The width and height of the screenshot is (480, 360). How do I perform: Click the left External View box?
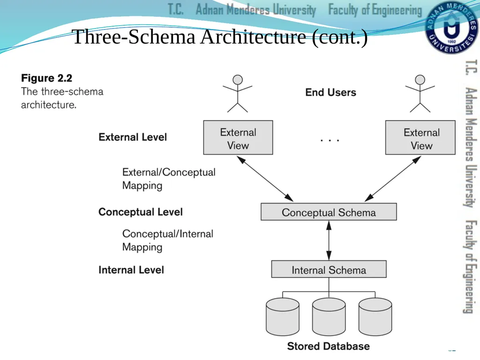[x=238, y=137]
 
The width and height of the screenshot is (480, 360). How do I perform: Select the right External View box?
[x=420, y=137]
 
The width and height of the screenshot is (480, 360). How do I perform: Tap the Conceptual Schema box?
[x=329, y=212]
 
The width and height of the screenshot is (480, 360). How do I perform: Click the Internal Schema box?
[x=329, y=270]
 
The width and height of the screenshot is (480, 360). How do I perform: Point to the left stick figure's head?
[x=238, y=80]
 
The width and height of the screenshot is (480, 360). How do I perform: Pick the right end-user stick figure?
[x=420, y=94]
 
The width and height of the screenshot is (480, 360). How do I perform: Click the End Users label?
[x=330, y=92]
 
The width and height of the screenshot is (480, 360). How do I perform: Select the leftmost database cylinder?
[x=283, y=317]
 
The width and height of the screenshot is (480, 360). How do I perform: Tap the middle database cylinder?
[x=329, y=317]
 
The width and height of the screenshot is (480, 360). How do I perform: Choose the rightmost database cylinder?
[x=375, y=317]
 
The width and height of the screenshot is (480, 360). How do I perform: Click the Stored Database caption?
[x=329, y=346]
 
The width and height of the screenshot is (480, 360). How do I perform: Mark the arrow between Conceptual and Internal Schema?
[x=329, y=240]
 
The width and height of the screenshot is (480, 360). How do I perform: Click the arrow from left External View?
[x=265, y=179]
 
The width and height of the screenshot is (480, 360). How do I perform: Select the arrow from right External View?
[x=393, y=179]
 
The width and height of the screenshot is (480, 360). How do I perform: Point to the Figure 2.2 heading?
[x=46, y=78]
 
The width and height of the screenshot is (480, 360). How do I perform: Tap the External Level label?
[x=133, y=137]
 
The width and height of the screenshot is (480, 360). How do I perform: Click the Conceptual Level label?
[x=141, y=212]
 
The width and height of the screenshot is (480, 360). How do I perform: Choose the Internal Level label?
[x=131, y=270]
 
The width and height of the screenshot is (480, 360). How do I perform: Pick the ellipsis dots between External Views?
[x=330, y=140]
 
